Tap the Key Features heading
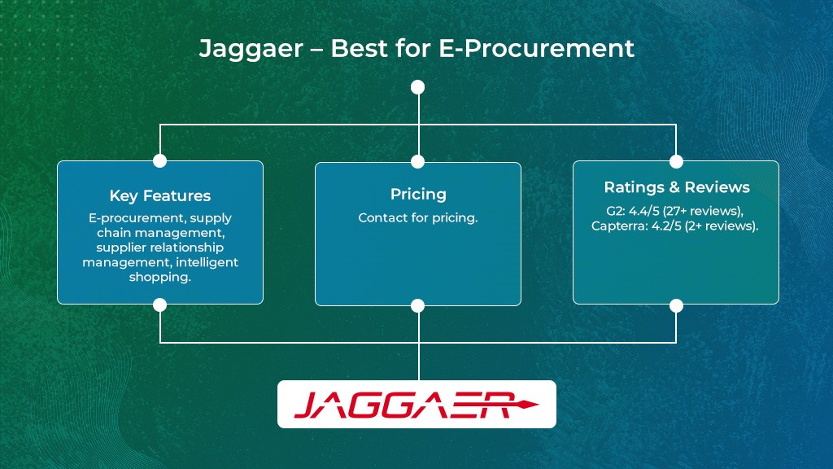click(x=160, y=195)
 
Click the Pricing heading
click(x=418, y=194)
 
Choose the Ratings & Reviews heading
click(x=676, y=187)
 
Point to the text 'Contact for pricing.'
click(x=418, y=218)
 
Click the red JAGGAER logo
click(x=405, y=405)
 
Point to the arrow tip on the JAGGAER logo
click(x=535, y=404)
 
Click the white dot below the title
click(x=418, y=87)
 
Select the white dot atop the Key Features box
click(x=160, y=160)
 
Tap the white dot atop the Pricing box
click(x=418, y=161)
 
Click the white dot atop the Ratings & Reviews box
click(x=676, y=160)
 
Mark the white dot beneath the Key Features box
click(x=160, y=305)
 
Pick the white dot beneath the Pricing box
click(x=418, y=305)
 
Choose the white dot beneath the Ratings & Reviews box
click(x=676, y=305)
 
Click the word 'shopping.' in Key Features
click(x=160, y=277)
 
